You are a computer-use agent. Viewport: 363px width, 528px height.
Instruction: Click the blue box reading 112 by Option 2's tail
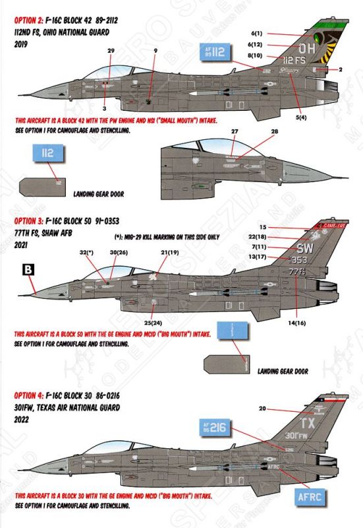(x=214, y=51)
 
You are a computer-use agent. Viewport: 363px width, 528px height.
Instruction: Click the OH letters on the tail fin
(x=308, y=48)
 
